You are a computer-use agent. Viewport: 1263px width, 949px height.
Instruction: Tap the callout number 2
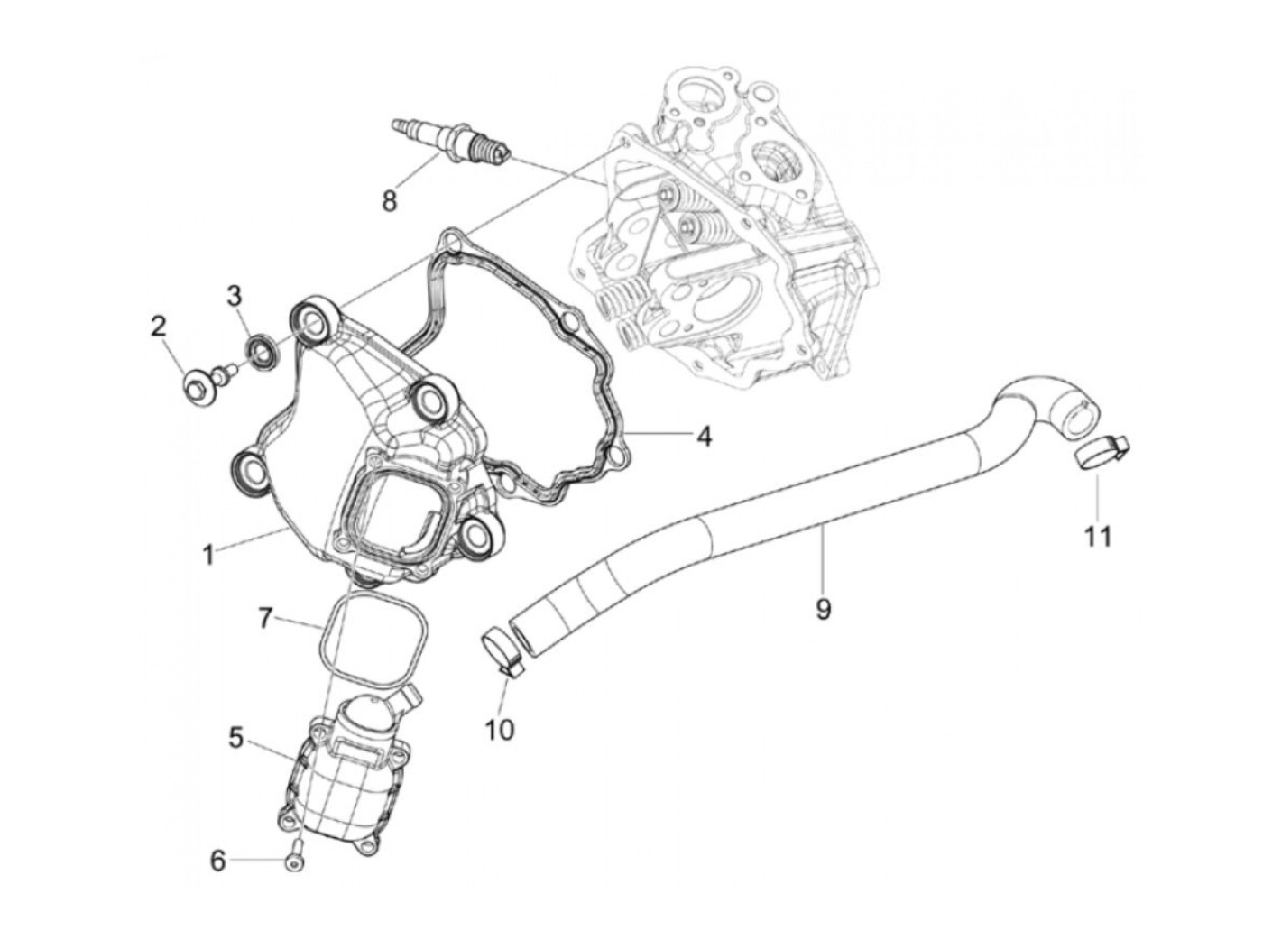[x=159, y=327]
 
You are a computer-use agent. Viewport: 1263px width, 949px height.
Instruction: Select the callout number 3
[x=234, y=295]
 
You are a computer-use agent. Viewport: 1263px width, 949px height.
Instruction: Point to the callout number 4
[x=704, y=438]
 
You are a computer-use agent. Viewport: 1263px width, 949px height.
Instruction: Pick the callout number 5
[x=236, y=738]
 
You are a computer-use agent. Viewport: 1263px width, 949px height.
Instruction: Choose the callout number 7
[x=264, y=618]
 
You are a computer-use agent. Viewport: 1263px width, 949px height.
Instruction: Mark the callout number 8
[x=390, y=199]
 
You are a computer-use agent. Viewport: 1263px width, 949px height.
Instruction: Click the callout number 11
[x=1097, y=537]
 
